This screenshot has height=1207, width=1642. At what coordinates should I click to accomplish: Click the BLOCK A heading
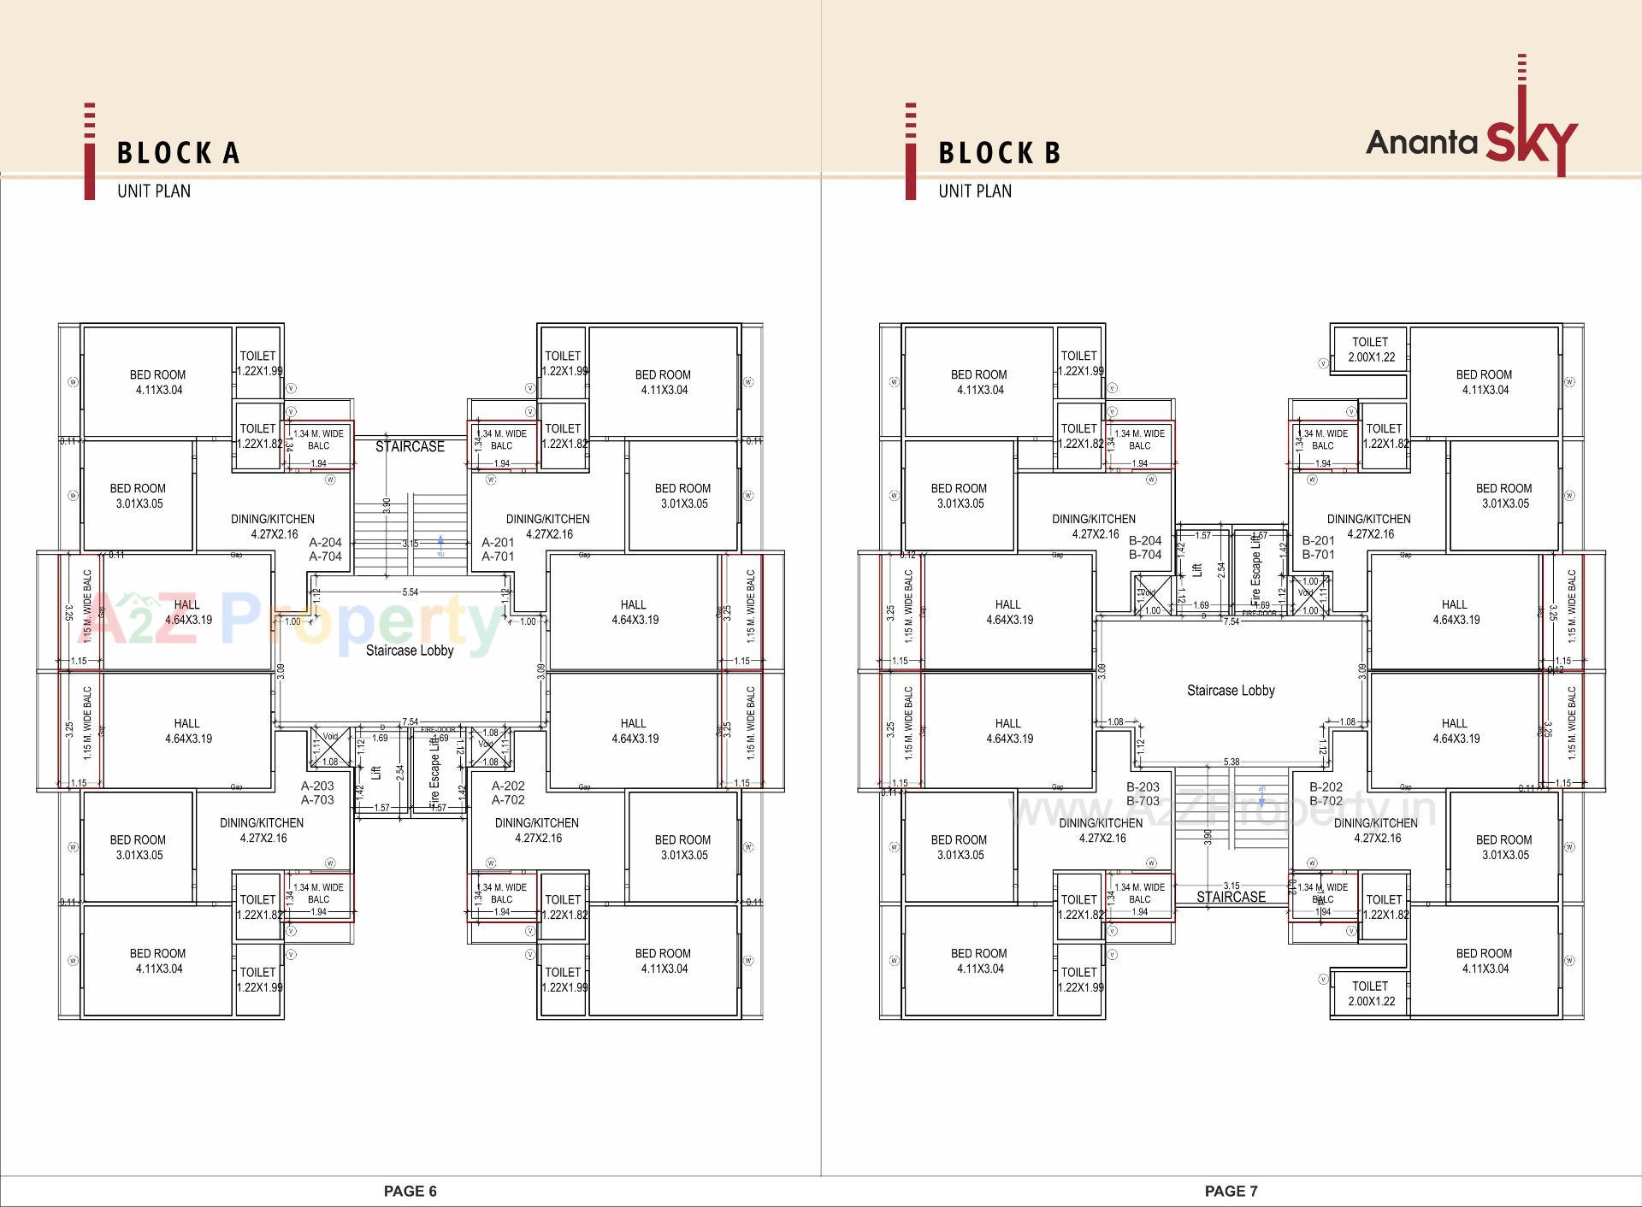tap(179, 153)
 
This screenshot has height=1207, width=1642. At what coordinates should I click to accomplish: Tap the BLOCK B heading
tap(1000, 153)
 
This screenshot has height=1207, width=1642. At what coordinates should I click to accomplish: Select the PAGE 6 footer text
tap(410, 1191)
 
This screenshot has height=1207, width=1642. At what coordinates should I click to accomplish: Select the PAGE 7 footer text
tap(1231, 1191)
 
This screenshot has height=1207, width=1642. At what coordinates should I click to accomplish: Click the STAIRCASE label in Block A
tap(410, 446)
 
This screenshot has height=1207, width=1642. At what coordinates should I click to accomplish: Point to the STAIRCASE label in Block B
tap(1231, 897)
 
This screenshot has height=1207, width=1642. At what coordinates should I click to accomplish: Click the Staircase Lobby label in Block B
tap(1231, 690)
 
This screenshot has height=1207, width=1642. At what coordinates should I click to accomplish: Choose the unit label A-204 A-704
tap(325, 549)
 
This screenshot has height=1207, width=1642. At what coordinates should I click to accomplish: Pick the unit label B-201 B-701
tap(1318, 547)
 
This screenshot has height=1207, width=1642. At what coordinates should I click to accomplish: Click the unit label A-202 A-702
tap(508, 792)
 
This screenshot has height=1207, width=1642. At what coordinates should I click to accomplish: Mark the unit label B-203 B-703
tap(1143, 793)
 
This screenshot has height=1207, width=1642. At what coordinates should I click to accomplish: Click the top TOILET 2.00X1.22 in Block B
tap(1370, 349)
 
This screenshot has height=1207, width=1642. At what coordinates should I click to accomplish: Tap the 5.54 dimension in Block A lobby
tap(410, 592)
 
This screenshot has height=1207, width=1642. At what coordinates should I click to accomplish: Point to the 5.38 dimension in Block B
tap(1231, 762)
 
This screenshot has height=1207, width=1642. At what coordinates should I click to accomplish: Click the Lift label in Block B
tap(1197, 569)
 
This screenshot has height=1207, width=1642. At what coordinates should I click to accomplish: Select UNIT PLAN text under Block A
tap(154, 191)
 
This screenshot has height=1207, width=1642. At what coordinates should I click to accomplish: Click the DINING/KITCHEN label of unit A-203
tap(262, 830)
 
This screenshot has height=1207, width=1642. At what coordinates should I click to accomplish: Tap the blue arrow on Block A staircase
tap(440, 541)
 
